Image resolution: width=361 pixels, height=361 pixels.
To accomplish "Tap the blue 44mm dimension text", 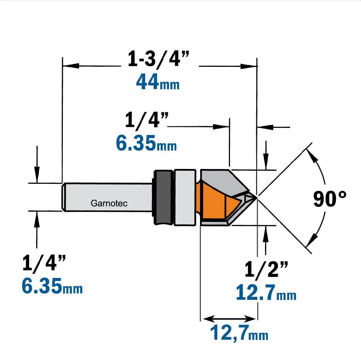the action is coord(158,82).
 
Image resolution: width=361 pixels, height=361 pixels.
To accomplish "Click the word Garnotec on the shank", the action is coord(109,203).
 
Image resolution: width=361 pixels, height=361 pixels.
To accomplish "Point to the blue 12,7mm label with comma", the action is coord(239,333).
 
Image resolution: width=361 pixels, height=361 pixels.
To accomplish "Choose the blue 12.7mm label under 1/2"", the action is coord(266,292).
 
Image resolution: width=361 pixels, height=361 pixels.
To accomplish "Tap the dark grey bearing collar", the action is coord(163,197).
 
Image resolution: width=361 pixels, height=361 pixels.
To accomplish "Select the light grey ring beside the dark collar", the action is coord(185,197).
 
